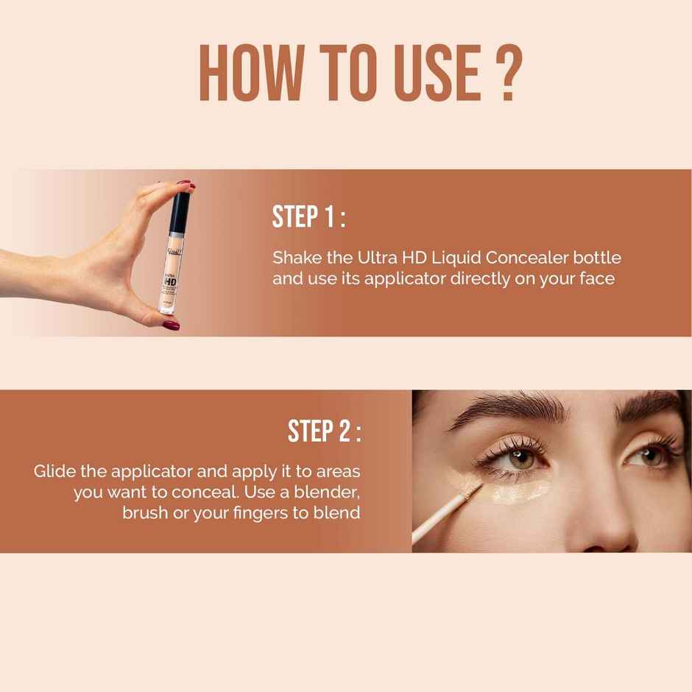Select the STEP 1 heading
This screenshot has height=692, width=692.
point(308,218)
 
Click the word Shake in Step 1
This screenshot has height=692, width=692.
point(294,258)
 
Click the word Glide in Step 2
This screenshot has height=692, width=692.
point(53,471)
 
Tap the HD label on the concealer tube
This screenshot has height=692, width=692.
point(170,280)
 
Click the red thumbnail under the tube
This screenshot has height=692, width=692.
point(171,323)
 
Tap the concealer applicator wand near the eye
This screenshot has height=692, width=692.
point(442,515)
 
